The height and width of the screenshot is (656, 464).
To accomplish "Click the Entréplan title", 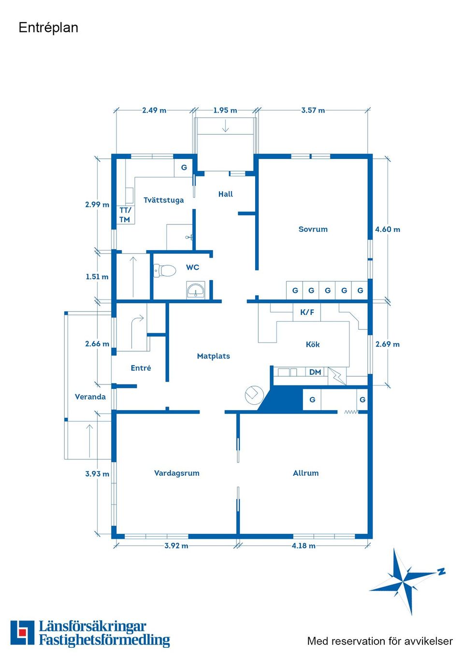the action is pyautogui.click(x=48, y=28).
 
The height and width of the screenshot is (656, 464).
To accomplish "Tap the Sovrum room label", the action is pyautogui.click(x=313, y=229).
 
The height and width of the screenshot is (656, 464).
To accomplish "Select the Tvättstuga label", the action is pyautogui.click(x=163, y=200).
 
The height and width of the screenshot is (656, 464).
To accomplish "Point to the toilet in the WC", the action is pyautogui.click(x=164, y=271).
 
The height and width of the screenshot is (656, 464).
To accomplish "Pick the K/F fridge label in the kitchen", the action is pyautogui.click(x=307, y=312).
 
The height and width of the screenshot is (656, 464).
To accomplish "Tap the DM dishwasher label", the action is pyautogui.click(x=315, y=372).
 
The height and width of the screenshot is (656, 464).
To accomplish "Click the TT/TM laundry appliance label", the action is pyautogui.click(x=125, y=215).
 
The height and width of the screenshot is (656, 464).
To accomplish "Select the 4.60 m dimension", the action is pyautogui.click(x=388, y=229).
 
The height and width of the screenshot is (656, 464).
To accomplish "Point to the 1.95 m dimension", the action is pyautogui.click(x=225, y=111).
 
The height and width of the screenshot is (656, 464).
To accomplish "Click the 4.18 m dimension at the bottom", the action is pyautogui.click(x=304, y=545).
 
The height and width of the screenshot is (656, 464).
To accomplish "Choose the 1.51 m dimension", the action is pyautogui.click(x=97, y=277).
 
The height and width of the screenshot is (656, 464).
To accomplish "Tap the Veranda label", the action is pyautogui.click(x=90, y=397).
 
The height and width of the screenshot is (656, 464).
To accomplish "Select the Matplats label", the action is pyautogui.click(x=213, y=356).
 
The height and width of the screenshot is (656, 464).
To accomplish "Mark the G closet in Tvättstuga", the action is pyautogui.click(x=184, y=168).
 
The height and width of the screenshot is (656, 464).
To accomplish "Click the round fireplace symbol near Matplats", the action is pyautogui.click(x=254, y=395).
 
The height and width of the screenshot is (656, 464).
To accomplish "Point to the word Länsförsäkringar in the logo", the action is pyautogui.click(x=93, y=627).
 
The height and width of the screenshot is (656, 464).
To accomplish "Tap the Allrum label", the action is pyautogui.click(x=305, y=473).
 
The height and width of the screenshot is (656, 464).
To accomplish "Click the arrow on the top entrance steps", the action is pyautogui.click(x=225, y=126).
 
